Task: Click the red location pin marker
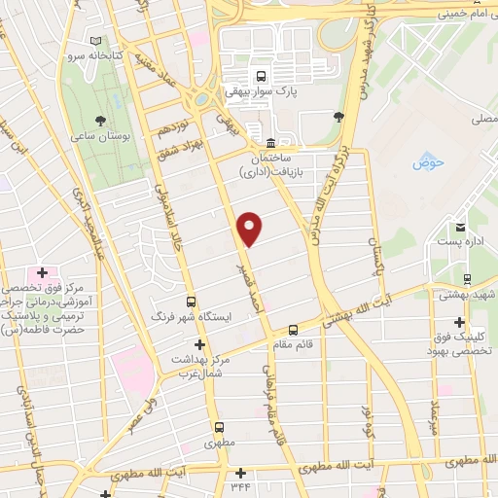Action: [x=251, y=229]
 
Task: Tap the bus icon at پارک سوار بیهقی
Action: [x=261, y=75]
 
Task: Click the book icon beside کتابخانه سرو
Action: [x=95, y=41]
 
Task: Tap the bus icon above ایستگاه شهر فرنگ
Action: [x=191, y=302]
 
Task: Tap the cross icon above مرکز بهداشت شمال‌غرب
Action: [x=199, y=344]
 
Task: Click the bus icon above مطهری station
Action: [x=219, y=426]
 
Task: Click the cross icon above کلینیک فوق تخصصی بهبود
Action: [x=458, y=323]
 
